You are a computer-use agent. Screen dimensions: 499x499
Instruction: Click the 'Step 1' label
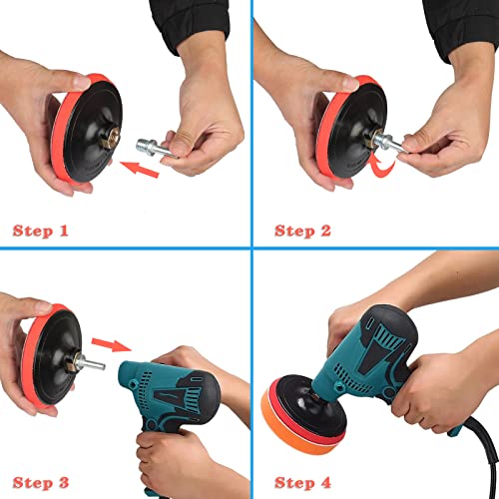(41, 231)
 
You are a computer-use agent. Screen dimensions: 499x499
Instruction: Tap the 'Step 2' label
(302, 231)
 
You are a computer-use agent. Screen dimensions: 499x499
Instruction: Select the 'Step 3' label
(41, 483)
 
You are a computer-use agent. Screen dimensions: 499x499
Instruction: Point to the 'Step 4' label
(302, 483)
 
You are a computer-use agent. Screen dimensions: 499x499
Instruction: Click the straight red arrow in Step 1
(140, 169)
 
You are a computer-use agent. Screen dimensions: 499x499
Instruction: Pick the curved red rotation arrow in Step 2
(382, 168)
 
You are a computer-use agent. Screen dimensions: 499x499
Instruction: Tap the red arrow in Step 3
(111, 345)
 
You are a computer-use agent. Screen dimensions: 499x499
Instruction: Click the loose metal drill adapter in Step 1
(156, 149)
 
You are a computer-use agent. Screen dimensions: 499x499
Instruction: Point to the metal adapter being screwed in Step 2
(389, 143)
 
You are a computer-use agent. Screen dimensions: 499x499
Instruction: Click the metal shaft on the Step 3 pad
(89, 362)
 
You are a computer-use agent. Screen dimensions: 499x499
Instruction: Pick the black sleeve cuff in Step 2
(462, 28)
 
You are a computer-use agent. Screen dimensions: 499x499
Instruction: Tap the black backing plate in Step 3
(57, 357)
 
